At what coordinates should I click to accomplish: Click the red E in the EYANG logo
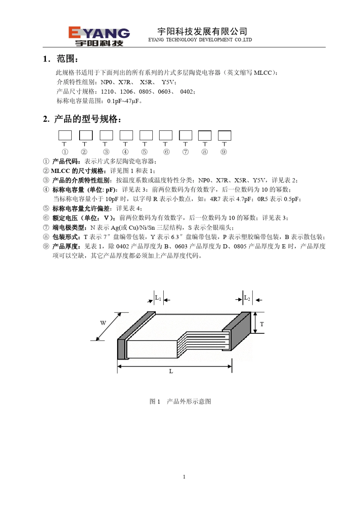click(x=75, y=32)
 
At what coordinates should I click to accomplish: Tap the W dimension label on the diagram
click(x=103, y=323)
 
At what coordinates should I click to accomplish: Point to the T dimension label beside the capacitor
click(x=262, y=324)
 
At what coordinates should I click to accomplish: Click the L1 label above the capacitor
click(x=158, y=298)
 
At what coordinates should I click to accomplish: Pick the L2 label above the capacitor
click(x=247, y=298)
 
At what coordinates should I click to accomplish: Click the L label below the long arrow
click(x=171, y=371)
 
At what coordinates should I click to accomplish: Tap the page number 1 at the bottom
click(x=184, y=477)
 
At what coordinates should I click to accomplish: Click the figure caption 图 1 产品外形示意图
click(x=180, y=402)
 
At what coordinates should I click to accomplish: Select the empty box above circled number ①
click(x=65, y=135)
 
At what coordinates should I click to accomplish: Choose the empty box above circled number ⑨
click(x=225, y=135)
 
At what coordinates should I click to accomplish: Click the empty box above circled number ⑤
click(x=146, y=135)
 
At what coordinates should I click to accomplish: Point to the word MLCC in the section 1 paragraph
click(x=263, y=73)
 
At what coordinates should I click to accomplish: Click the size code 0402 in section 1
click(x=186, y=92)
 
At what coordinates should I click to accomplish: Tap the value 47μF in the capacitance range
click(x=132, y=101)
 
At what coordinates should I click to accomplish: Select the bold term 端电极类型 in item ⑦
click(x=68, y=228)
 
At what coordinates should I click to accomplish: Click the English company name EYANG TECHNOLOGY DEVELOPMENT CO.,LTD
click(x=200, y=40)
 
